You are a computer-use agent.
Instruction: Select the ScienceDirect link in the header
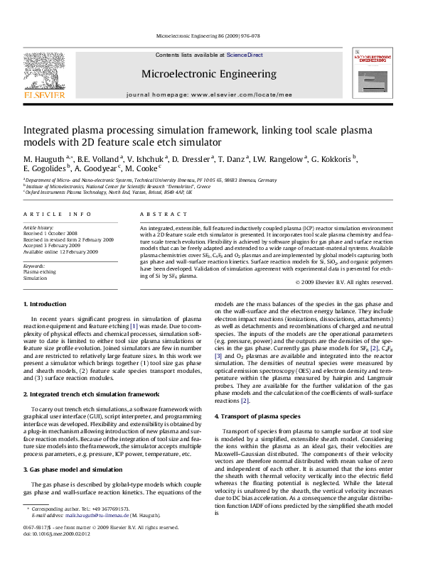tap(245, 55)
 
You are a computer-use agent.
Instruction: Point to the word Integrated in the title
tap(49, 131)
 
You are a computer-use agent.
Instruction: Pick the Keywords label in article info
tap(34, 265)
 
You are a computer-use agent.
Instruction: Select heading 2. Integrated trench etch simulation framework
tap(85, 393)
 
